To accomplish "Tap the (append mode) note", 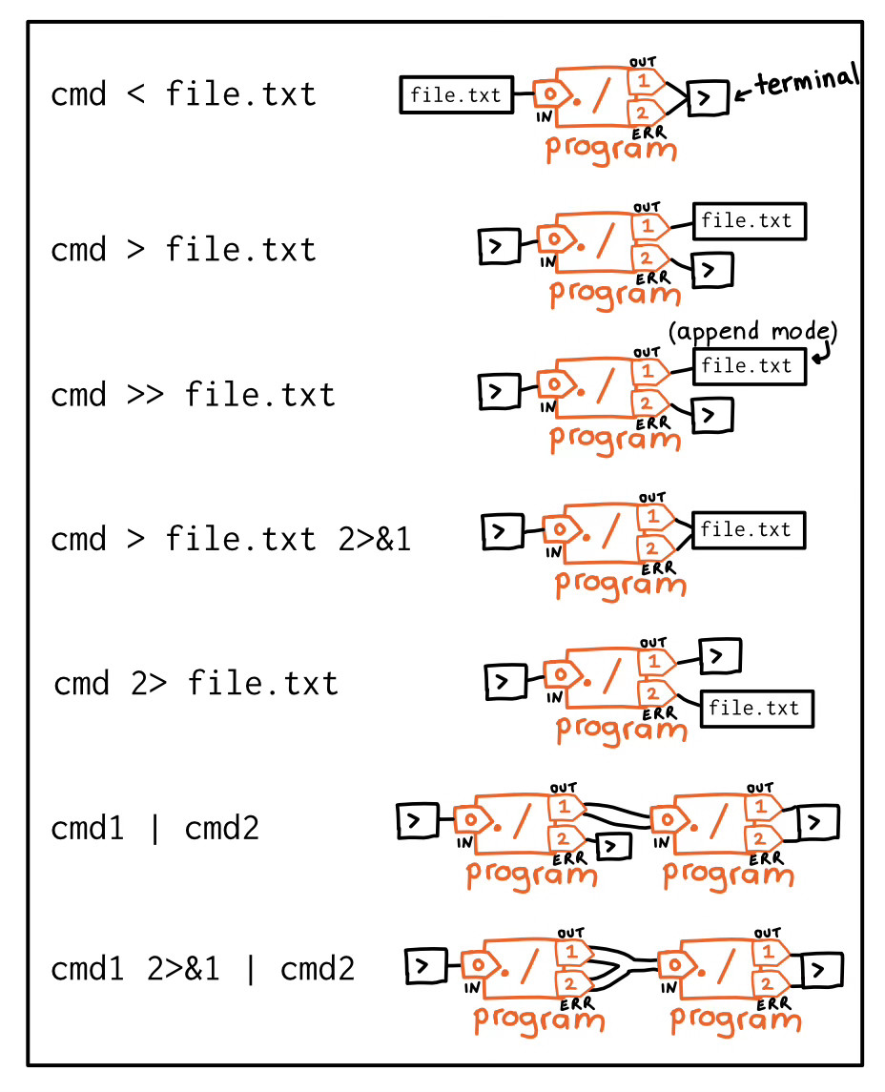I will (753, 331).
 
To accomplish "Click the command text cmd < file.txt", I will (183, 94).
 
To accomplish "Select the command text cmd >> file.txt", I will (193, 394).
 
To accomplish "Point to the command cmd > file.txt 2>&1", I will (231, 540).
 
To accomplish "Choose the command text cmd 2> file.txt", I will (196, 684).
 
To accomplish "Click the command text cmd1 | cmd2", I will (154, 828).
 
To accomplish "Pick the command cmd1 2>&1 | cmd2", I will (202, 970).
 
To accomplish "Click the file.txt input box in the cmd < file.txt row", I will (456, 94).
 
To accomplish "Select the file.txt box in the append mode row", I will (748, 365).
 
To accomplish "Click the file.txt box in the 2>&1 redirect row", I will (748, 530).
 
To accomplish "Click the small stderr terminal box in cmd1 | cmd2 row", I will (611, 845).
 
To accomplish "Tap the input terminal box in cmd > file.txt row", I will (496, 246).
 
